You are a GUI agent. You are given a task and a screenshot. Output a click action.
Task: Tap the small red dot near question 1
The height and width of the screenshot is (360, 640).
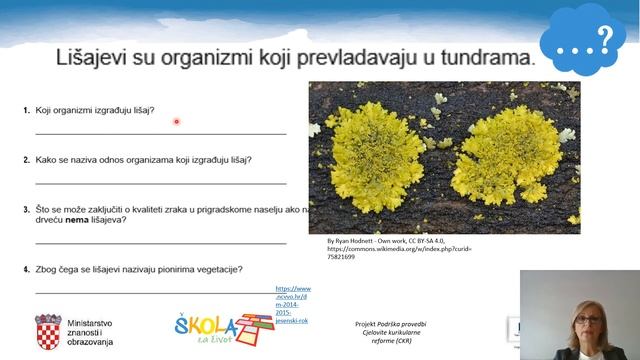point(176,122)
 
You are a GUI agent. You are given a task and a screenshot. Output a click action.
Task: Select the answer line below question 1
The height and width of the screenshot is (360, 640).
point(160,133)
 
